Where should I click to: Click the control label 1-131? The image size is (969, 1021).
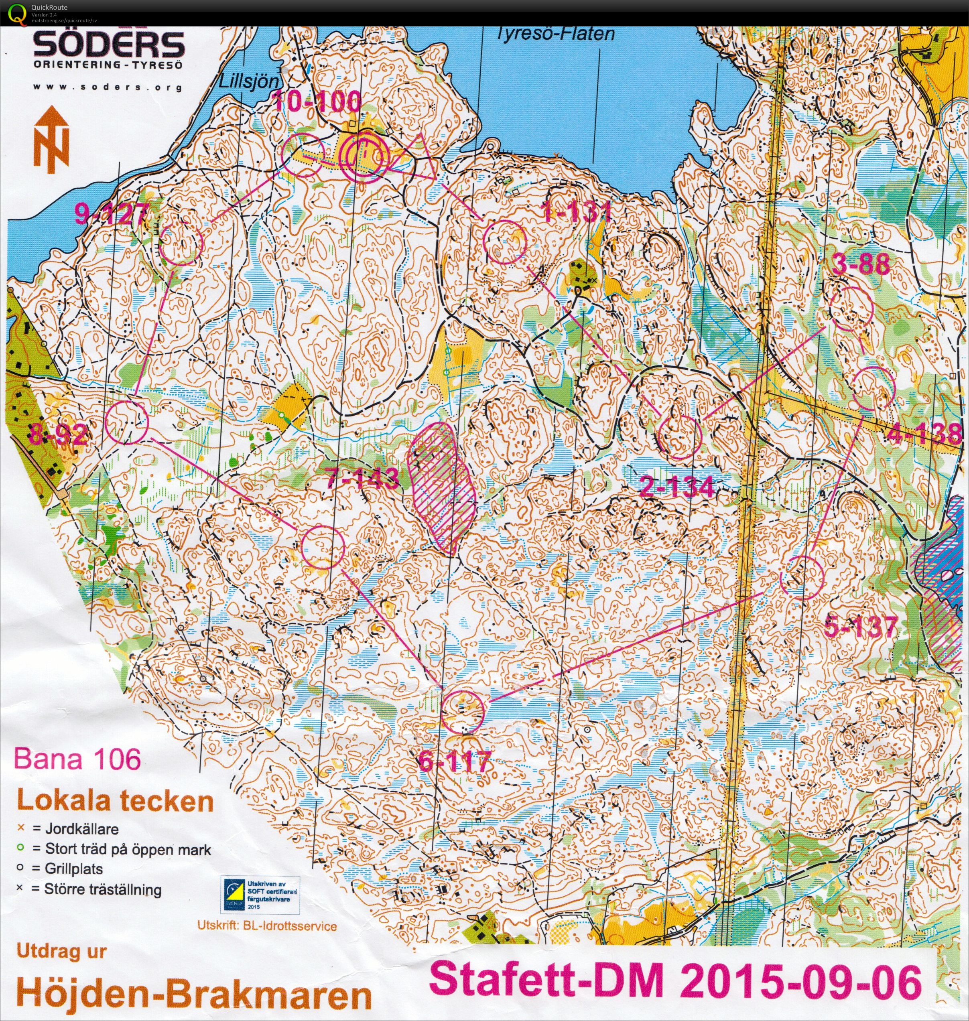pos(577,212)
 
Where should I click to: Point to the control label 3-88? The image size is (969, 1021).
pos(861,265)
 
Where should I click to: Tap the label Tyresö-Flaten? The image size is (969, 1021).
pos(556,34)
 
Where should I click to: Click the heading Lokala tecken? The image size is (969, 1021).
pos(115,802)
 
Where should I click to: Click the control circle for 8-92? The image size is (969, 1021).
pos(126,423)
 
